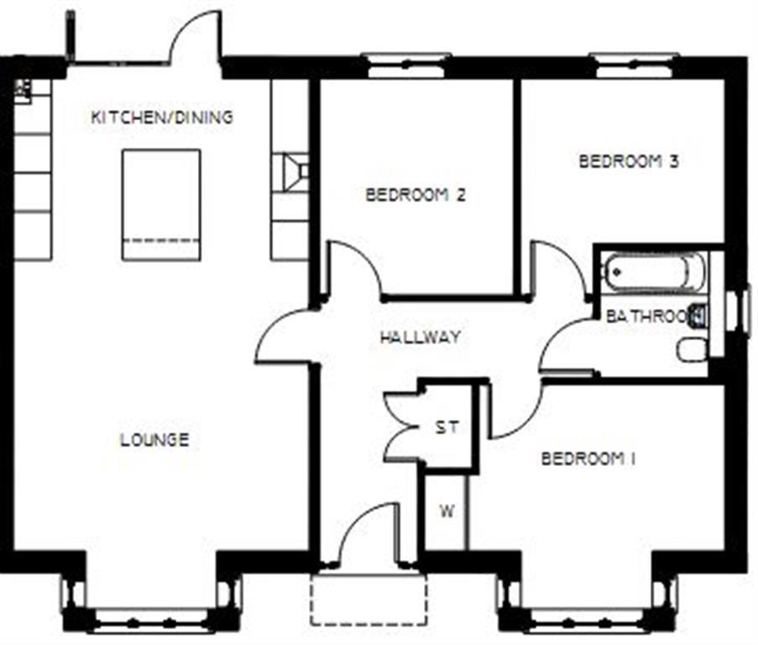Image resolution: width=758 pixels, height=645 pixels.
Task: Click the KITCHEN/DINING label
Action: point(161,117)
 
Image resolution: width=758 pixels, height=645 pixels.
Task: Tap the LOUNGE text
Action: point(154,439)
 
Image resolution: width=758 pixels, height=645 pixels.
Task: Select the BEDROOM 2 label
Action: point(416,195)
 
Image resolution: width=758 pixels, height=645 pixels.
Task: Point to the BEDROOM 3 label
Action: point(629,161)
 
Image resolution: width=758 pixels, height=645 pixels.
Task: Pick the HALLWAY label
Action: point(420,338)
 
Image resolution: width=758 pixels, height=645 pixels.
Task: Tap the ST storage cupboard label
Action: point(447,427)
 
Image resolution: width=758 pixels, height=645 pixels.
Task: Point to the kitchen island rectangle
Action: point(161,204)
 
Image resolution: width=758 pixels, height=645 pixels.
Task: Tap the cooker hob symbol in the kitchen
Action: point(293,172)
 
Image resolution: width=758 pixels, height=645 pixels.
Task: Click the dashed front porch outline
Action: point(368,600)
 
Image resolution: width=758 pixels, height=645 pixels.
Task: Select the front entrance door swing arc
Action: point(363,529)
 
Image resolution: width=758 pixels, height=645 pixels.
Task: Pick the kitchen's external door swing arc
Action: point(195,38)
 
